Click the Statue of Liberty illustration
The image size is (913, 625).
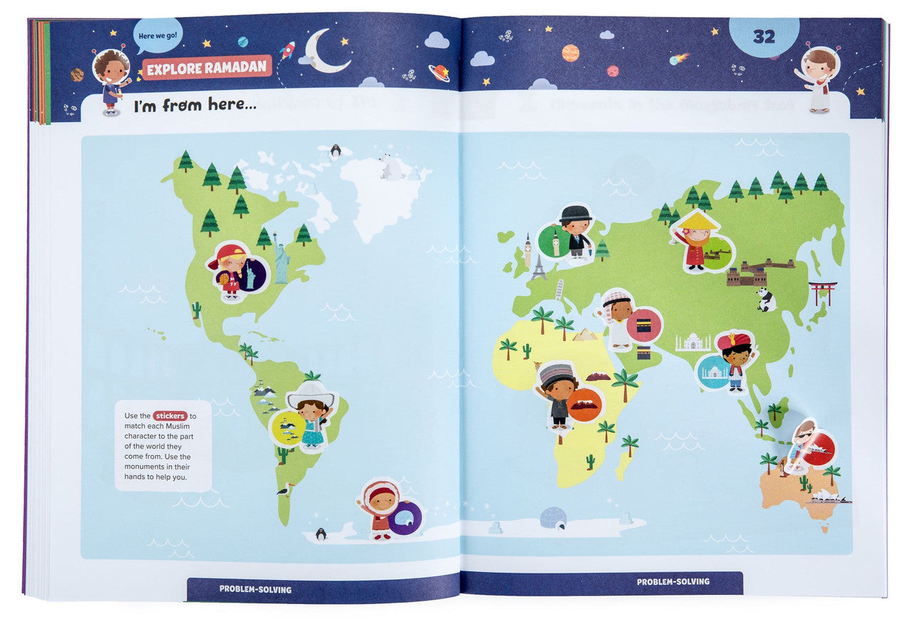coord(282,258)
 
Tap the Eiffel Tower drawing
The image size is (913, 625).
coord(539,266)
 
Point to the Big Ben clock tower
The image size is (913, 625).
coord(529,249)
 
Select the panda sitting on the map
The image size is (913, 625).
coord(766,300)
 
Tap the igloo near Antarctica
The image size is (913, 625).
coord(552,517)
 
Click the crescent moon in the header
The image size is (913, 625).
coord(325,51)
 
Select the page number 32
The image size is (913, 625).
coord(764,37)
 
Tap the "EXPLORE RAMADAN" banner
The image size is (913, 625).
coord(207,68)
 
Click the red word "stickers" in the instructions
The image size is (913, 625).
coord(170,415)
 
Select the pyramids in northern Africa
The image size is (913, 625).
coord(585,333)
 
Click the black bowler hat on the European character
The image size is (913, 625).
coord(576,213)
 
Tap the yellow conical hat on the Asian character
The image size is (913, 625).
coord(698,220)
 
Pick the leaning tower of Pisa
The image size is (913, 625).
coord(559,288)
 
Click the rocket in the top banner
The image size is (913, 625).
coord(287,50)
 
